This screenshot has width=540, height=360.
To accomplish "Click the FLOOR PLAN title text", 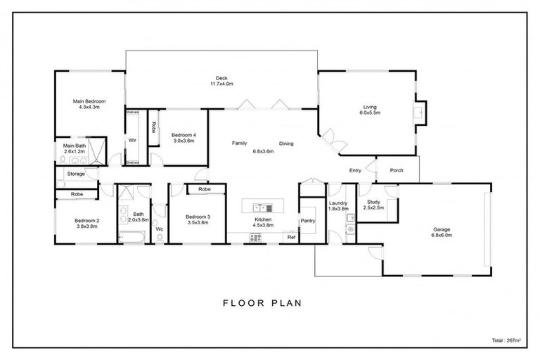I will coord(262,304).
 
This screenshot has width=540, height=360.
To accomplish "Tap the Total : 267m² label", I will coord(503,340).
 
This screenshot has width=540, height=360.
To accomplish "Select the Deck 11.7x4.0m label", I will coord(221,81).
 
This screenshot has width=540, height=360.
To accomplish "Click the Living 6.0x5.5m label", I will coord(370,110).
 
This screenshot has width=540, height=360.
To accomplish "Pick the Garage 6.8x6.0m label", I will coord(442,233).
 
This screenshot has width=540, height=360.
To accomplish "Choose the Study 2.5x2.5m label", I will coord(373,205).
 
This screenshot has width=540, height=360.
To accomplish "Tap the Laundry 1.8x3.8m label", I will coord(339,206).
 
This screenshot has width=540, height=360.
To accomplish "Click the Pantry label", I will coord(308,221).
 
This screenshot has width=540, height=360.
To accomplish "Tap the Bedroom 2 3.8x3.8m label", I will coord(87,224).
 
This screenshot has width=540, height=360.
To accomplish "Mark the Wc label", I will coord(160,229).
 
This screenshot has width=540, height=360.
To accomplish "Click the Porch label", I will coord(396,170).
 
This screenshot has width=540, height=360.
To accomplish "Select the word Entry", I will coord(355,170).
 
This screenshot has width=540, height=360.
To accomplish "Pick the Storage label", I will coord(76,174).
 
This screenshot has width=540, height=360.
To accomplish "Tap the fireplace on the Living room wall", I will coord(419,111).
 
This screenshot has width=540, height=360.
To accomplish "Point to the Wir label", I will coord(131,140).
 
